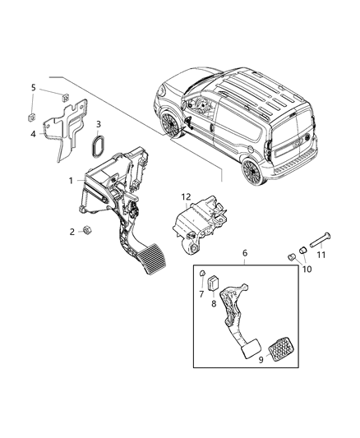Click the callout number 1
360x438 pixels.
[72, 180]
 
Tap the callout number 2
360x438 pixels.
[72, 231]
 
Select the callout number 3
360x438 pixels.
[99, 126]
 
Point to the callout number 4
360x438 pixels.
[34, 133]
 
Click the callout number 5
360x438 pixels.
[34, 87]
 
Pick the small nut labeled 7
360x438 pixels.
[202, 274]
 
